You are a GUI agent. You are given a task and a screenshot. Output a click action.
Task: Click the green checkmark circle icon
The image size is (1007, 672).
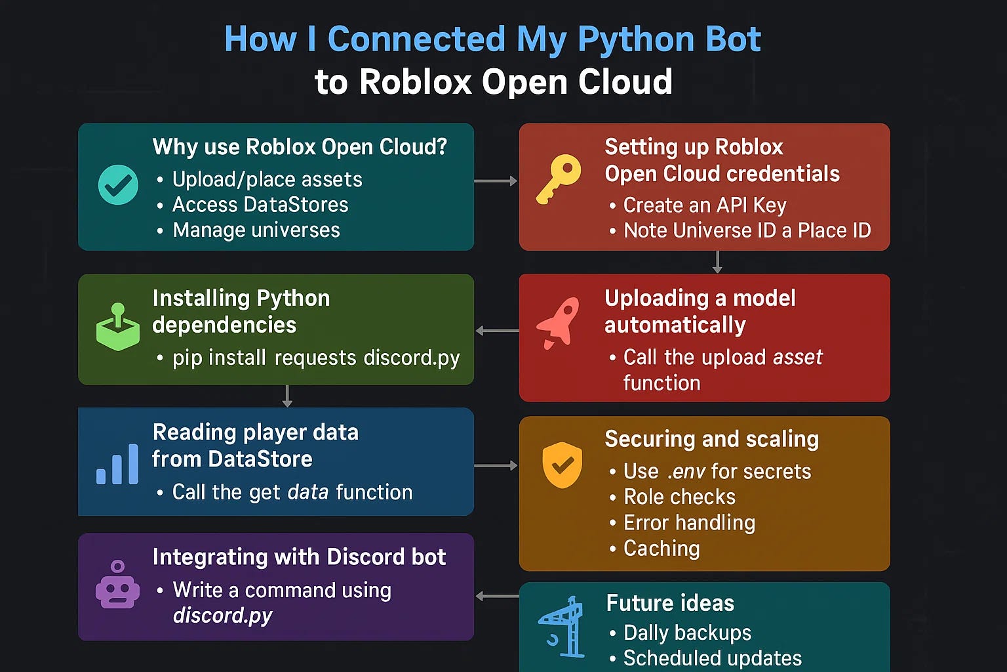(x=118, y=185)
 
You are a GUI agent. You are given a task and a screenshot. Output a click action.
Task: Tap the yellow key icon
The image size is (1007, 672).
(x=559, y=179)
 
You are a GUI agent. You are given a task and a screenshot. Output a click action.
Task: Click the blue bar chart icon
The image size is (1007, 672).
(x=117, y=464)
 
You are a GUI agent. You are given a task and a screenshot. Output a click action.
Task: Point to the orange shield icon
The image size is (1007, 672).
(x=562, y=465)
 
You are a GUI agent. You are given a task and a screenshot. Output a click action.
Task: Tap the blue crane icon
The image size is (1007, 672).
(x=562, y=626)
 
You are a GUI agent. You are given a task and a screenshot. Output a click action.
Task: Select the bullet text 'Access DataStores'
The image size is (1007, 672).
(x=260, y=205)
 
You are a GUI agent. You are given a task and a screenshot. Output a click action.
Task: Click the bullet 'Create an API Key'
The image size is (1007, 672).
(x=705, y=205)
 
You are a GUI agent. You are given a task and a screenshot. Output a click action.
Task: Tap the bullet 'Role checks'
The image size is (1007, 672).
(x=679, y=497)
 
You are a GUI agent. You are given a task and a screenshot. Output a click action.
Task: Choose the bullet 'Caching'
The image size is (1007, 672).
(x=661, y=548)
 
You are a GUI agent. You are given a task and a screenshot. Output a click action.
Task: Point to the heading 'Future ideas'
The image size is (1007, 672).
(x=670, y=602)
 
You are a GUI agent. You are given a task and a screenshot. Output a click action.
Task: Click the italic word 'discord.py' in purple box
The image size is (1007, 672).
(x=222, y=616)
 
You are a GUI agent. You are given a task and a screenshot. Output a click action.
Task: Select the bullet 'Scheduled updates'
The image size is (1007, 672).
(x=713, y=658)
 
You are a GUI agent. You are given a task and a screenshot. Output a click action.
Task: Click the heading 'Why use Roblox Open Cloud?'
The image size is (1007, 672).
(x=300, y=146)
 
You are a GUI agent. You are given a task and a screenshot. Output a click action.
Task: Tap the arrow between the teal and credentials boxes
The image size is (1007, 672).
(x=496, y=180)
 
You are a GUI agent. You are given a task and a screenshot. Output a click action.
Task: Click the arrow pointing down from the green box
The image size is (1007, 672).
(x=287, y=396)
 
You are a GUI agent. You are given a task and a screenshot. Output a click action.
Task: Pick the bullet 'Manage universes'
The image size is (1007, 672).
(x=256, y=230)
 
